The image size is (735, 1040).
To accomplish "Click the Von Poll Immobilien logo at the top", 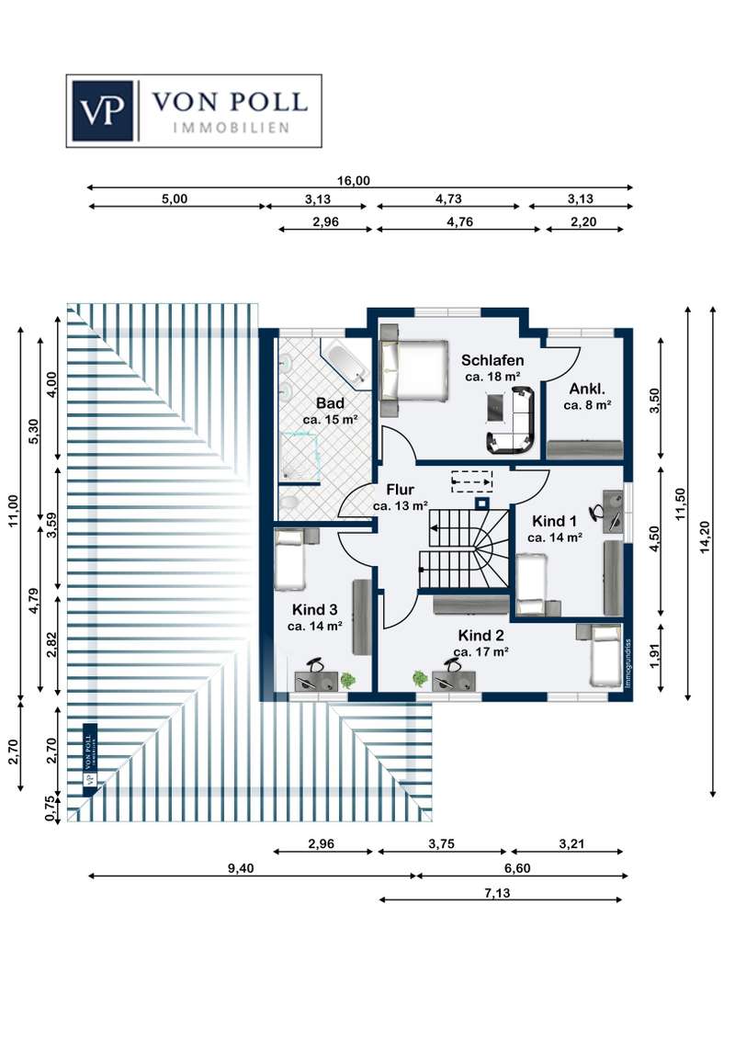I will [194, 110].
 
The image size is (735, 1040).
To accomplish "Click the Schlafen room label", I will [492, 360].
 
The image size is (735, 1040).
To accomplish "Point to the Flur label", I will [400, 490].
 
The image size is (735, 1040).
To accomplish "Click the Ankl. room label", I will [585, 388].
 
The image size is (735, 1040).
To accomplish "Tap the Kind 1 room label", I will [556, 521].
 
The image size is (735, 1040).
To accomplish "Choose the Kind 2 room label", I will [481, 635].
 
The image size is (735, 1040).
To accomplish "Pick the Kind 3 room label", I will [314, 609].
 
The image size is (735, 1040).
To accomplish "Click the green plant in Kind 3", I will [348, 680].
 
